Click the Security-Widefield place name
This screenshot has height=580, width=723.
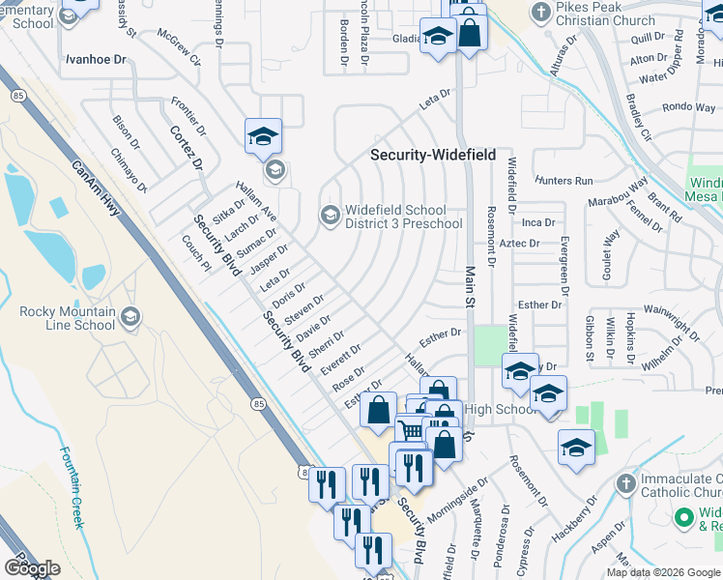[x=434, y=155]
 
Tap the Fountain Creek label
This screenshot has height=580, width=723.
[x=73, y=487]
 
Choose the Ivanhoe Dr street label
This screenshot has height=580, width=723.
[x=96, y=59]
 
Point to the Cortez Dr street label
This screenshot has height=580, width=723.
[x=186, y=147]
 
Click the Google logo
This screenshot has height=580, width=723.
[x=32, y=568]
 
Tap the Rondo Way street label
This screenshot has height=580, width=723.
[x=687, y=107]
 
